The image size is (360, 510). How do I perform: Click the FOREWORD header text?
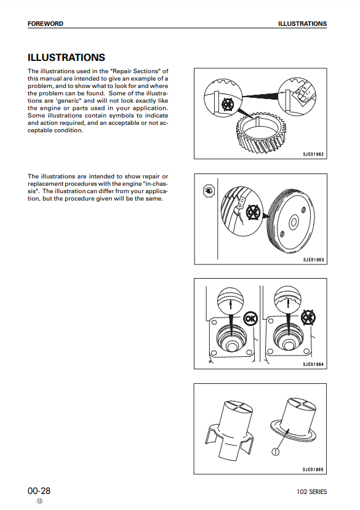pyautogui.click(x=46, y=24)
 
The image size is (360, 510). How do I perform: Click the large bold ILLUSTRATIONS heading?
pyautogui.click(x=66, y=58)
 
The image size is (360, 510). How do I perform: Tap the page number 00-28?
pyautogui.click(x=39, y=490)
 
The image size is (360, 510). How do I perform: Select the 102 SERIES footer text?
pyautogui.click(x=311, y=492)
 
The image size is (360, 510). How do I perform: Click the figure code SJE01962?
pyautogui.click(x=313, y=154)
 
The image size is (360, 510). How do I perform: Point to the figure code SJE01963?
pyautogui.click(x=313, y=260)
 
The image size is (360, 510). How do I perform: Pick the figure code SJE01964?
pyautogui.click(x=313, y=364)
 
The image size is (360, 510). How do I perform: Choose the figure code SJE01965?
pyautogui.click(x=313, y=469)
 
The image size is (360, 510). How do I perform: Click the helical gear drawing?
pyautogui.click(x=260, y=134)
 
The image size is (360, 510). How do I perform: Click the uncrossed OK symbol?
pyautogui.click(x=250, y=319)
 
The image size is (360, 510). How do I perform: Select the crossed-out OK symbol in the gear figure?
pyautogui.click(x=228, y=105)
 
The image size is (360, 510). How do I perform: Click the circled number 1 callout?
pyautogui.click(x=275, y=451)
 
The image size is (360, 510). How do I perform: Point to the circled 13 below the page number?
pyautogui.click(x=39, y=501)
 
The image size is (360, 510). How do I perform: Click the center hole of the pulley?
pyautogui.click(x=294, y=223)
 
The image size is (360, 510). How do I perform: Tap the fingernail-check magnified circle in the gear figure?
pyautogui.click(x=297, y=97)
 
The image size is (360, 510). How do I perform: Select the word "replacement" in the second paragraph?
pyautogui.click(x=46, y=184)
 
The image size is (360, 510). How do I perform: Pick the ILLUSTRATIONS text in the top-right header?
pyautogui.click(x=302, y=24)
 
